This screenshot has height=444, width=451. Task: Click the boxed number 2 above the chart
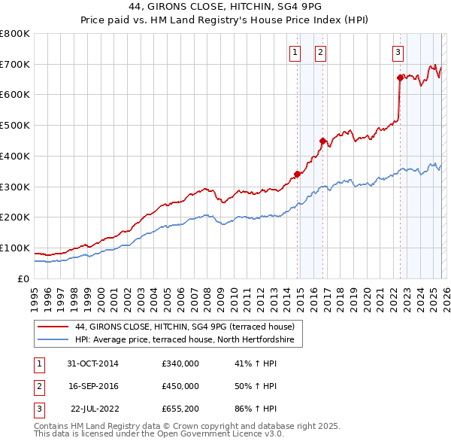click(x=320, y=52)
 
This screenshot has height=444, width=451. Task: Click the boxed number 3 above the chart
click(x=397, y=52)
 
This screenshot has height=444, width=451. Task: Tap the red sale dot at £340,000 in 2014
click(x=297, y=174)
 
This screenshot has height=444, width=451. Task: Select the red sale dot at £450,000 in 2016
click(x=322, y=140)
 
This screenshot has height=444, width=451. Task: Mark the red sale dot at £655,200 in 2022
click(x=400, y=77)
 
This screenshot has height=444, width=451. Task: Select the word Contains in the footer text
click(x=53, y=426)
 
